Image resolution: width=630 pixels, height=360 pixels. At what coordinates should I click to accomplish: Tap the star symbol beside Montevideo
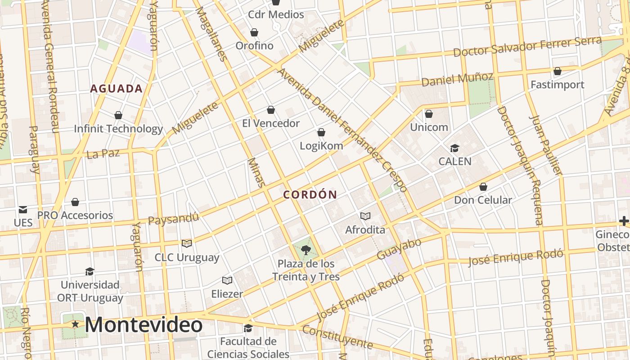(x=75, y=324)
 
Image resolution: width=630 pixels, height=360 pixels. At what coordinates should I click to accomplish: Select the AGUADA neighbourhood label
(x=117, y=89)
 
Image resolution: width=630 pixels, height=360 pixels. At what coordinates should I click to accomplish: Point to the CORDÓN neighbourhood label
(x=310, y=195)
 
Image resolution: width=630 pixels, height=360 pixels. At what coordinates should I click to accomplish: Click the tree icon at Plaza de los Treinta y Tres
(x=306, y=250)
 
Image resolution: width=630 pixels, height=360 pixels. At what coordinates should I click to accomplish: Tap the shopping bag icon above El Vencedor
(x=271, y=110)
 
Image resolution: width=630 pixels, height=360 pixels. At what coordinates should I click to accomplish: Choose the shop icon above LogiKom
(x=321, y=132)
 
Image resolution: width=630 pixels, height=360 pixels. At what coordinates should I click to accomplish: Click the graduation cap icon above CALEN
(x=454, y=148)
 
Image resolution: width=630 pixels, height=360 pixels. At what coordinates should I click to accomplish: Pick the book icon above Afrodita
(x=365, y=216)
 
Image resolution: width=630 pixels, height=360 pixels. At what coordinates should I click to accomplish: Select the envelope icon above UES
(x=23, y=210)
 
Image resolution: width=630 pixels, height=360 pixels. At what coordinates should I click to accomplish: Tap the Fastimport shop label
(x=557, y=85)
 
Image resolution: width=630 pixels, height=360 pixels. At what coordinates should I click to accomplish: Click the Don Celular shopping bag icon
(x=483, y=187)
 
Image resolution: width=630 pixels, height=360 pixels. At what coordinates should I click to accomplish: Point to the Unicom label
(x=429, y=127)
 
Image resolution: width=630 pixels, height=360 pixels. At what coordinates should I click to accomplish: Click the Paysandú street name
(x=173, y=219)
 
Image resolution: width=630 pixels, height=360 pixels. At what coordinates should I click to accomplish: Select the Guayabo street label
(x=399, y=249)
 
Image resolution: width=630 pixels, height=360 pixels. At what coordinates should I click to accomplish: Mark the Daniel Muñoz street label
(x=457, y=79)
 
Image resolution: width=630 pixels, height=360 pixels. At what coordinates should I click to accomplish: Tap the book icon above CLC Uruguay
(x=187, y=243)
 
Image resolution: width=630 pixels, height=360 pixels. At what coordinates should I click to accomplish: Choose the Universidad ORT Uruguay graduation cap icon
(x=90, y=271)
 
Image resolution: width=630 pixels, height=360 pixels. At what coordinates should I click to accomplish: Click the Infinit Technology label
(x=118, y=129)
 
